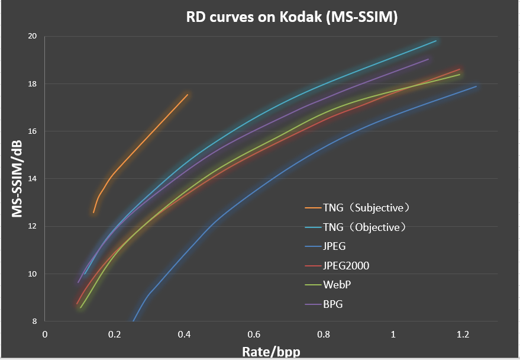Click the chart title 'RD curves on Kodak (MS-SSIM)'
(x=292, y=17)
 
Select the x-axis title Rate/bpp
(x=270, y=351)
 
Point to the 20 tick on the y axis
(x=33, y=36)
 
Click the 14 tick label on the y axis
(x=33, y=179)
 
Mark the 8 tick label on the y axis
(x=34, y=322)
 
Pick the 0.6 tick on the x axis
(x=254, y=334)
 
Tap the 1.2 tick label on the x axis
(x=463, y=334)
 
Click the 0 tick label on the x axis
(x=44, y=334)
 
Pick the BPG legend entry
(x=333, y=304)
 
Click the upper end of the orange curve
(x=188, y=95)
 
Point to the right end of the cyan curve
(x=436, y=41)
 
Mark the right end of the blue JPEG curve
(x=476, y=86)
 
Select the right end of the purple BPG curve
(x=428, y=59)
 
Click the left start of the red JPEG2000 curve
(x=77, y=304)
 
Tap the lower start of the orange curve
(x=93, y=213)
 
